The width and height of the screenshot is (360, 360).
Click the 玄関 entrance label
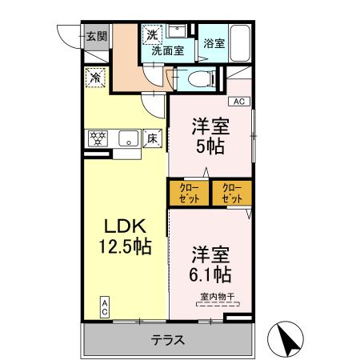pyautogui.click(x=97, y=35)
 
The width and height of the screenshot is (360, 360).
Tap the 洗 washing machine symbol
pyautogui.click(x=151, y=35)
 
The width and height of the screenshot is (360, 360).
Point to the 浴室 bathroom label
pyautogui.click(x=213, y=45)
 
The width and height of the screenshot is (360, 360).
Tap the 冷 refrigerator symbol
pyautogui.click(x=95, y=78)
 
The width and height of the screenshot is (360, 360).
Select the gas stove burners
pyautogui.click(x=98, y=138)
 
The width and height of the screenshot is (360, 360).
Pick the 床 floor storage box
pyautogui.click(x=152, y=138)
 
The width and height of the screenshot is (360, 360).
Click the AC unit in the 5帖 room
pyautogui.click(x=239, y=101)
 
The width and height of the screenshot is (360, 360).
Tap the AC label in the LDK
pyautogui.click(x=105, y=306)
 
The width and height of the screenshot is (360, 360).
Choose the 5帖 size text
pyautogui.click(x=210, y=146)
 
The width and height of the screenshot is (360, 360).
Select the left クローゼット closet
pyautogui.click(x=189, y=194)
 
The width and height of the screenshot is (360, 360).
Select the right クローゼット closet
pyautogui.click(x=231, y=194)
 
